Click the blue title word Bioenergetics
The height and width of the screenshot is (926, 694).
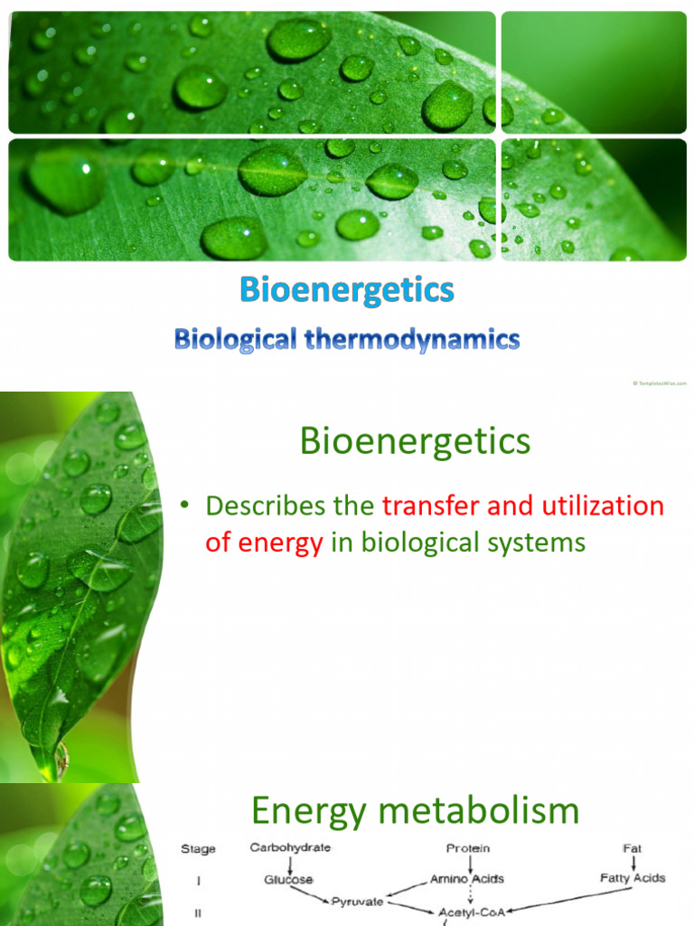pos(347,290)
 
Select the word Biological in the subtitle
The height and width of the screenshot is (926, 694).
pos(233,340)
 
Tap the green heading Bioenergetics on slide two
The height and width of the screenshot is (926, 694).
pos(415,442)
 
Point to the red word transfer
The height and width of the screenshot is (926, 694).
pos(431,506)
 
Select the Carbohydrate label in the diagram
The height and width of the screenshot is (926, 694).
pos(290,848)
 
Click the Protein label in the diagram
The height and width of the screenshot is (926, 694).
pos(468,848)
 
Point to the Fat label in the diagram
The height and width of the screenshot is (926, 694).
pos(633,848)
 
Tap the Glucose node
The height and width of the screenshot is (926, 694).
pos(288,879)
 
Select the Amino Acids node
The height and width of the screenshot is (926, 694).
pos(467,879)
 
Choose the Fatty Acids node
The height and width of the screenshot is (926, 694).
pos(633,878)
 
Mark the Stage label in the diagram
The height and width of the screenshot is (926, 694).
pos(198,849)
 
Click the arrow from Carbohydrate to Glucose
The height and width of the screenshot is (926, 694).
pos(289,864)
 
